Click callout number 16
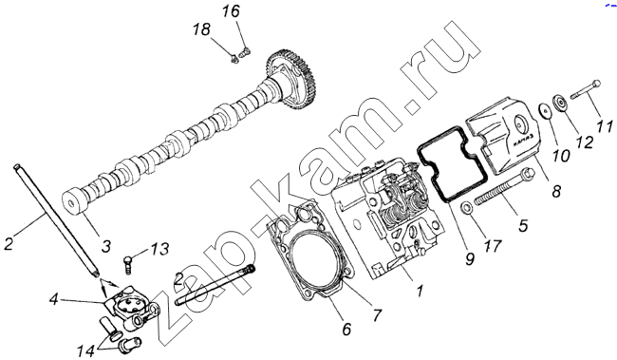pos(231,11)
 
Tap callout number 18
pos(201,29)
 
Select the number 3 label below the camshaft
pos(106,246)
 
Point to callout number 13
pos(159,249)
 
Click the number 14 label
pos(85,351)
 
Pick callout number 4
pos(53,300)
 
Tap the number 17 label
pos(493,246)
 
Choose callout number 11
pos(605,126)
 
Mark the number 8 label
pos(555,192)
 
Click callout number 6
pos(346,329)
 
